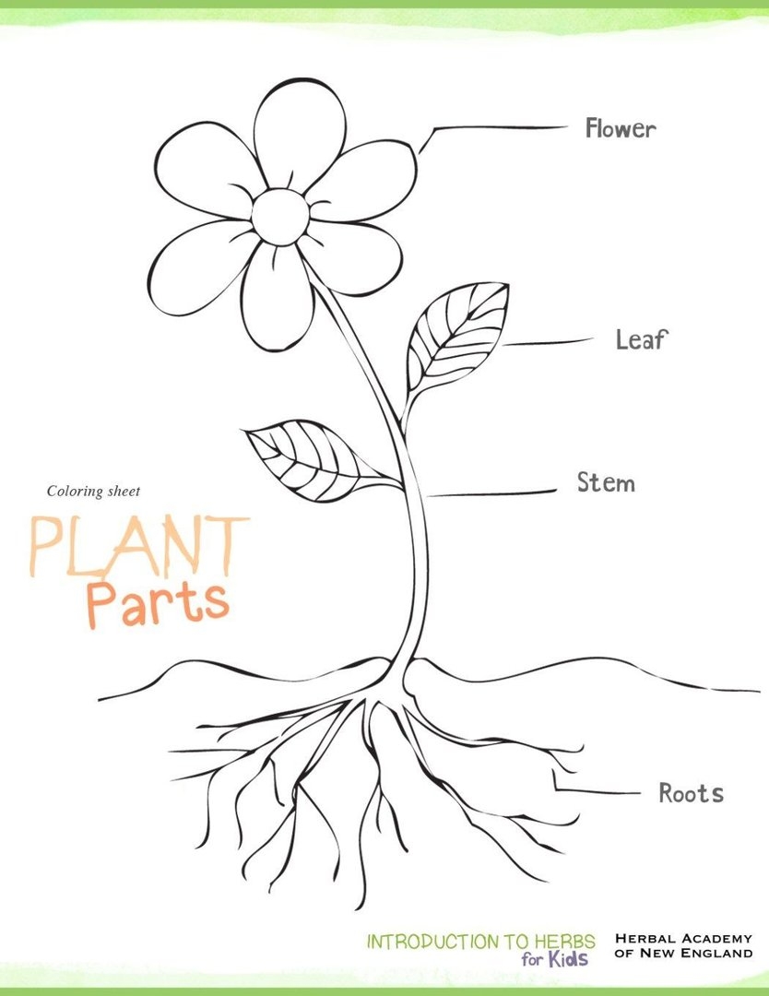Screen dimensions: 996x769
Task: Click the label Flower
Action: click(621, 129)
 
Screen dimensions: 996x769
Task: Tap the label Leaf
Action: click(641, 340)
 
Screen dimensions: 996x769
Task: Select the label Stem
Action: click(606, 482)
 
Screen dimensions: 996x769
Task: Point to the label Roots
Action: click(691, 793)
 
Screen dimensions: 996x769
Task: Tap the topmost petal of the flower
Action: click(299, 129)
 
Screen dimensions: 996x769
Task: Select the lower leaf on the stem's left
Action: click(304, 458)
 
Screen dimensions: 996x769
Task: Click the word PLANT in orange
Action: click(139, 547)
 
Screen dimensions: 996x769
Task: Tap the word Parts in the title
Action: click(158, 601)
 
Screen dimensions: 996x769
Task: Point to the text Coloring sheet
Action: click(93, 492)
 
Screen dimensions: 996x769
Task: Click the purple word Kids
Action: click(568, 960)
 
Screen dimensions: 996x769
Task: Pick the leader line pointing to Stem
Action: click(493, 493)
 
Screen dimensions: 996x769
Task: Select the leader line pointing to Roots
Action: click(599, 791)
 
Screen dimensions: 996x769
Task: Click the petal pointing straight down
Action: click(277, 295)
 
